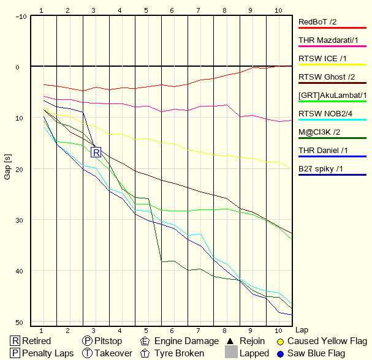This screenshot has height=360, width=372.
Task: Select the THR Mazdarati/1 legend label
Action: tap(332, 40)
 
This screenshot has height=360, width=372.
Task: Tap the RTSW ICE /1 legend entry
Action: tap(323, 59)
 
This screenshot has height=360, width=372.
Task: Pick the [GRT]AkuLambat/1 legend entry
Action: tap(332, 96)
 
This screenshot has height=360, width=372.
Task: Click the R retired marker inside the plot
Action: tap(96, 152)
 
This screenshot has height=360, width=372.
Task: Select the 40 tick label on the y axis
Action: tap(21, 271)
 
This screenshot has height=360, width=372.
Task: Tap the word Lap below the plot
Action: tap(301, 329)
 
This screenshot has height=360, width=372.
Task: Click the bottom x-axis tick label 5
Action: tap(146, 331)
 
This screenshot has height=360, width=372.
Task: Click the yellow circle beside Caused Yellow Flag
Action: tap(281, 341)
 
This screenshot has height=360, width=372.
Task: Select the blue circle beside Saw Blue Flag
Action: tap(281, 353)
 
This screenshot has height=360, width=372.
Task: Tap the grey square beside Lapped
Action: tap(231, 353)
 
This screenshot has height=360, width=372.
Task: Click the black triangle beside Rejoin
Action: tap(230, 341)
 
